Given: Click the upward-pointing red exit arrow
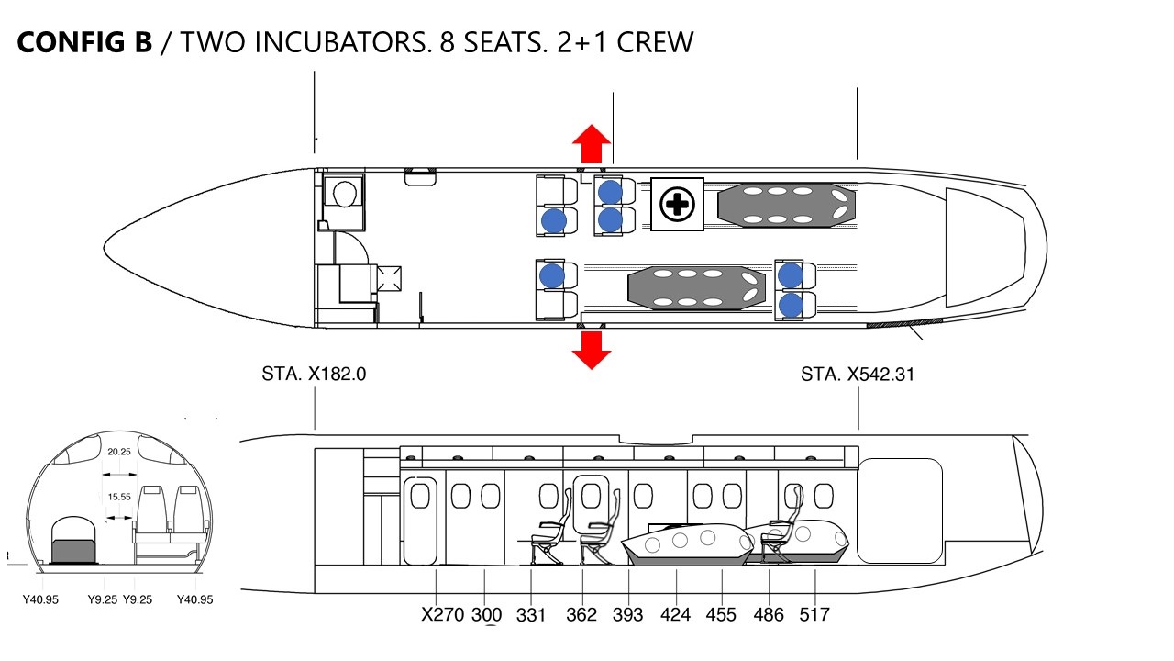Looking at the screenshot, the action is click(x=592, y=144).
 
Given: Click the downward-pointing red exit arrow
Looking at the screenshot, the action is click(x=592, y=351).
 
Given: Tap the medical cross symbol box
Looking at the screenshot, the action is click(x=677, y=204).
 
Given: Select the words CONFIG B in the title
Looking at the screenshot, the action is click(x=84, y=42).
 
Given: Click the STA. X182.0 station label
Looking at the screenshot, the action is click(x=314, y=374).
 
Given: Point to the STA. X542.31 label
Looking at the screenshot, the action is click(x=858, y=374).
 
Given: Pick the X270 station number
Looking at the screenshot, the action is click(x=442, y=614).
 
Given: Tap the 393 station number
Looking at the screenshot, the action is click(x=627, y=614).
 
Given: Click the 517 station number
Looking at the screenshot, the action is click(x=814, y=614).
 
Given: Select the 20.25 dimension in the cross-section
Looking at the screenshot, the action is click(x=119, y=452).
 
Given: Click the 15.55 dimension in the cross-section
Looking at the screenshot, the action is click(x=119, y=497).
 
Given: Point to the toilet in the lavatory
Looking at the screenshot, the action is click(x=344, y=194).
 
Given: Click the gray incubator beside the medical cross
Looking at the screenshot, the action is click(x=786, y=205).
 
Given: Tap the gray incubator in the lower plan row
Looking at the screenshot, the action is click(x=696, y=288).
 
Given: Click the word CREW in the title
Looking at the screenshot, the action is click(x=655, y=42).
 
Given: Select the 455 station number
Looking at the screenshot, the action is click(x=721, y=614).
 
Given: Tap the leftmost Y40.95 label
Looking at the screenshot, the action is click(x=40, y=599).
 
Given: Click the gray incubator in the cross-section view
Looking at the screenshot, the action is click(x=74, y=552).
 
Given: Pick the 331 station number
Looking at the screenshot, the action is click(x=531, y=614).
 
